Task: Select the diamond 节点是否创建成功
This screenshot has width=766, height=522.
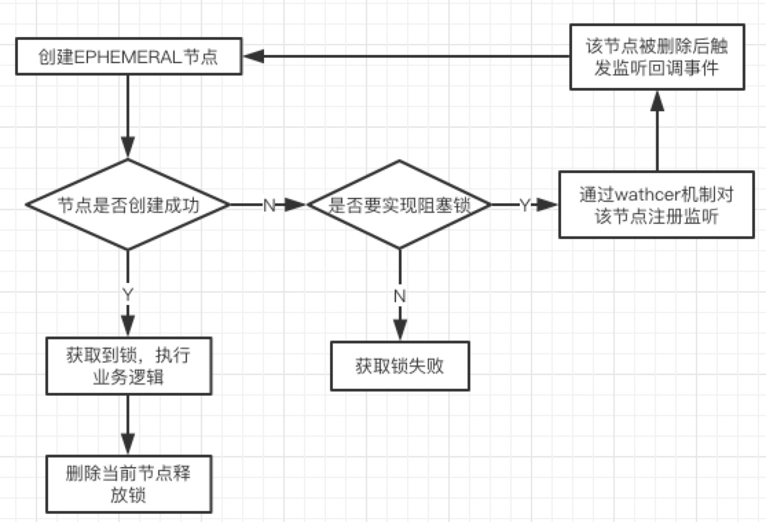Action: (x=128, y=205)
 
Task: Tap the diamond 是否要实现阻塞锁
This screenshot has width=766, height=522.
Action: (x=399, y=205)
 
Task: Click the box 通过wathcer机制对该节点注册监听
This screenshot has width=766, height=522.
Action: (x=656, y=204)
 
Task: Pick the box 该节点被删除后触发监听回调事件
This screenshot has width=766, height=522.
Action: (x=657, y=57)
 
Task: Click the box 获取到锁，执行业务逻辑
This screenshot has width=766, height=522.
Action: (x=128, y=366)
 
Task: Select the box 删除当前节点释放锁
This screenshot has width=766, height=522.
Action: (x=128, y=484)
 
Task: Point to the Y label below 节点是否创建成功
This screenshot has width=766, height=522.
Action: (x=128, y=295)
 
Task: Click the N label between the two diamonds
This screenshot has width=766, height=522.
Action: (x=269, y=205)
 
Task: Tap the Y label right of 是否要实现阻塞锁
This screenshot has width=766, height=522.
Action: (x=524, y=205)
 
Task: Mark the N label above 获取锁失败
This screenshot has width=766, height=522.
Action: (x=400, y=295)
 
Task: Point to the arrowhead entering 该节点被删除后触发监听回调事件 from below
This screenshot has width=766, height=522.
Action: (x=657, y=102)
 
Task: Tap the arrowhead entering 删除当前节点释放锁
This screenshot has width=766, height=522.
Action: (x=128, y=444)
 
